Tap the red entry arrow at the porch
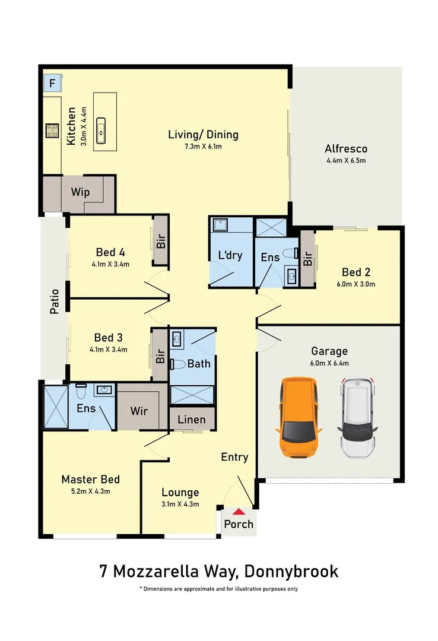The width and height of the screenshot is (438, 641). (239, 512)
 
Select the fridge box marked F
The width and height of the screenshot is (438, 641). (52, 84)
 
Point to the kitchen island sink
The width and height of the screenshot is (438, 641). (101, 129)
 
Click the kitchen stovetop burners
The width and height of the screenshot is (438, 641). (52, 131)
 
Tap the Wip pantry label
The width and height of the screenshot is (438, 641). (80, 192)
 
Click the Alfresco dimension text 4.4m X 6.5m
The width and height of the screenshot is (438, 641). (346, 161)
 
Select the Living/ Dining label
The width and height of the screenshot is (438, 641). (203, 135)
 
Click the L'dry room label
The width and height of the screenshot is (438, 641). (230, 256)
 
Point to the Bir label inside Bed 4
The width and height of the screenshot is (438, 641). (161, 242)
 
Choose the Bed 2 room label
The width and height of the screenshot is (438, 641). (356, 272)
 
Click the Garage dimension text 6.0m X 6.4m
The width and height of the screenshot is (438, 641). (329, 363)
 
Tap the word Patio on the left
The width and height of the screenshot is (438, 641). (55, 301)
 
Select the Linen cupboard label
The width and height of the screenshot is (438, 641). (192, 420)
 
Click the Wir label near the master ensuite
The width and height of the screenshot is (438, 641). (138, 411)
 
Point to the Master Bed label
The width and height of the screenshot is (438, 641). (91, 480)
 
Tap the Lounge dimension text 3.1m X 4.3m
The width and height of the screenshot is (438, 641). (180, 504)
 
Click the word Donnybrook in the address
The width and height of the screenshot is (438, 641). (290, 572)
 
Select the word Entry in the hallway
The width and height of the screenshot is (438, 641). (234, 457)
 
